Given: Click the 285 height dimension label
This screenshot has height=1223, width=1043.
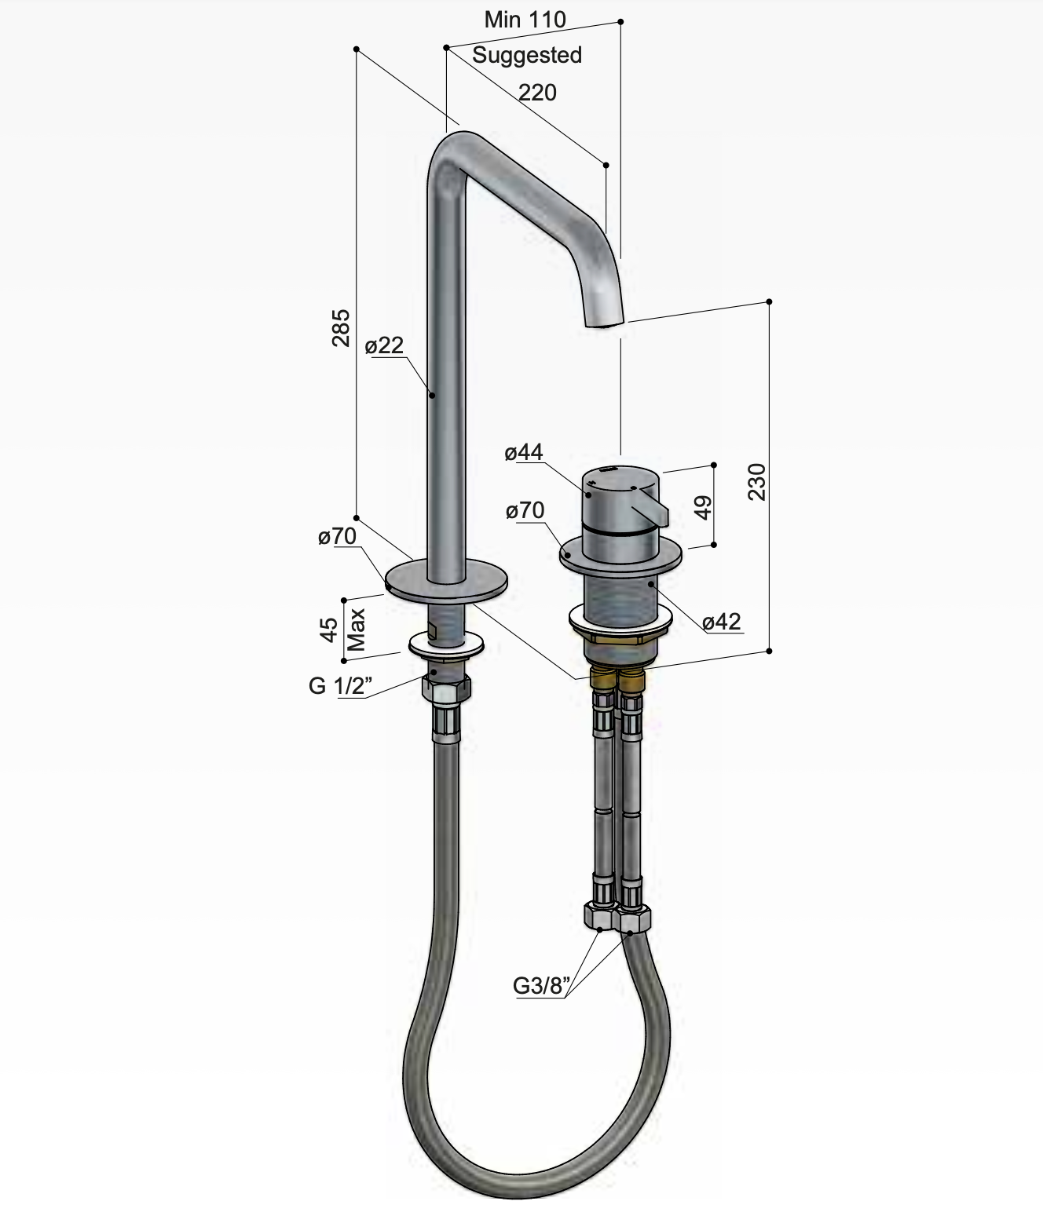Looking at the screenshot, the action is [340, 328].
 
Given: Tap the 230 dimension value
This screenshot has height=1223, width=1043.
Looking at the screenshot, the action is [756, 482].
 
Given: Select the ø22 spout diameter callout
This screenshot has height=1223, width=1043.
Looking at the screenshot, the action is [384, 345].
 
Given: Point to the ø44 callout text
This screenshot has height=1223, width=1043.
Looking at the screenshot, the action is [523, 452].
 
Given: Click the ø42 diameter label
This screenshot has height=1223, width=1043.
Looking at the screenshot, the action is [722, 622].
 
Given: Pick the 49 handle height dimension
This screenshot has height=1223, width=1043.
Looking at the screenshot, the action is [703, 508].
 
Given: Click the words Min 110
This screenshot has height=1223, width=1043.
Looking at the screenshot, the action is [525, 20].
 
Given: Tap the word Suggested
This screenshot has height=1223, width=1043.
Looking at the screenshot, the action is [527, 55].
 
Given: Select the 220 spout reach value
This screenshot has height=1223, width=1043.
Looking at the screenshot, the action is [537, 93].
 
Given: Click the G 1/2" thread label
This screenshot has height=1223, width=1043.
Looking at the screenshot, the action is [340, 686].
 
